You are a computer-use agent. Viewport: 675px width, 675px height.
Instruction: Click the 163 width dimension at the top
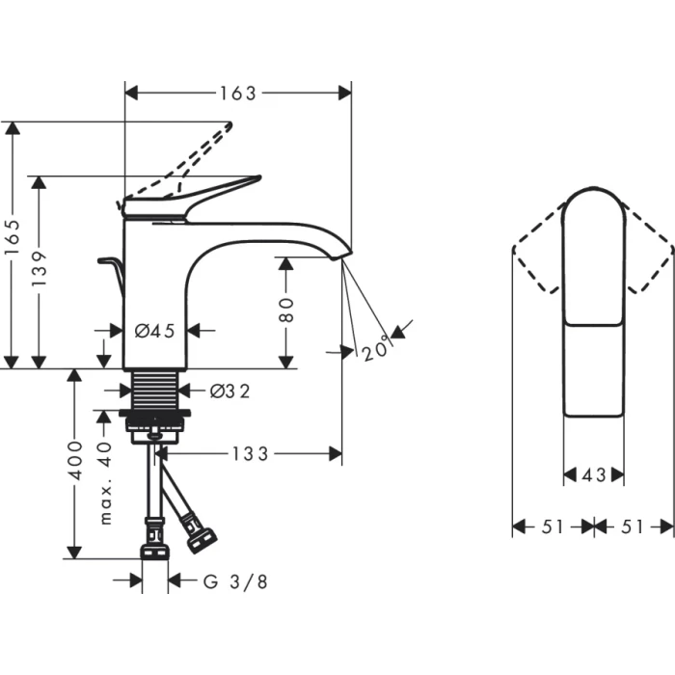pyautogui.click(x=238, y=94)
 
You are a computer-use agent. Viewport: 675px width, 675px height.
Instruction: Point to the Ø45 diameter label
pyautogui.click(x=154, y=331)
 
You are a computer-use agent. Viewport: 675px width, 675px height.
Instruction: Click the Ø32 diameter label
pyautogui.click(x=230, y=391)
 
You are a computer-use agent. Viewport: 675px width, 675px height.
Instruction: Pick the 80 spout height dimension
pyautogui.click(x=287, y=309)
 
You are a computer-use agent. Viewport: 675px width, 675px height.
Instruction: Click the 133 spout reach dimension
pyautogui.click(x=249, y=453)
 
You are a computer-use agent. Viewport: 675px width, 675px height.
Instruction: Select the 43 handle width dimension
pyautogui.click(x=593, y=474)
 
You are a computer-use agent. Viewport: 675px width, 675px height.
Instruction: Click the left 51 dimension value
pyautogui.click(x=552, y=526)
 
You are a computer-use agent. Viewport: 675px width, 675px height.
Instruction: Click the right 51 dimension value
pyautogui.click(x=634, y=526)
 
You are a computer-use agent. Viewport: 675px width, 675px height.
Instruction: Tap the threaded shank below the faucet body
pyautogui.click(x=154, y=389)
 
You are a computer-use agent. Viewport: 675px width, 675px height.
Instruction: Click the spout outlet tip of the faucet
pyautogui.click(x=337, y=256)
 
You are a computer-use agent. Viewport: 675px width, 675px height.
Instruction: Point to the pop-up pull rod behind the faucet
pyautogui.click(x=110, y=265)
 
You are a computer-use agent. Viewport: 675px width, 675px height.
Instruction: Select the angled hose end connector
pyautogui.click(x=200, y=532)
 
